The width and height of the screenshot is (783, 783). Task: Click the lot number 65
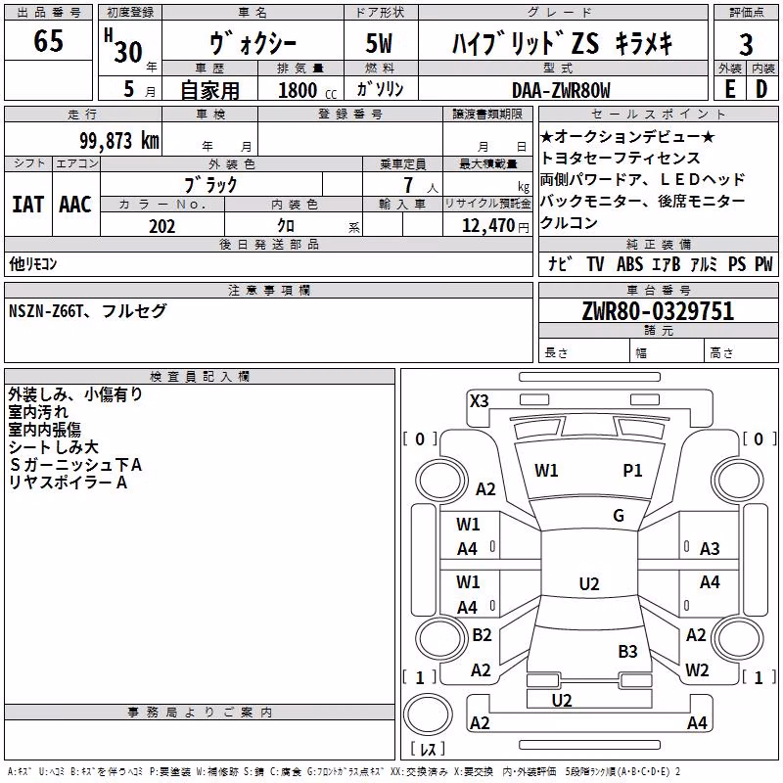point(48,40)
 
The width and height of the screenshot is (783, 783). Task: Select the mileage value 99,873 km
point(119,141)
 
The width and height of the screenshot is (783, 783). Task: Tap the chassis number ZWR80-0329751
point(658,311)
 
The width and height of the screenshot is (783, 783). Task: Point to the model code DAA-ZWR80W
point(561,90)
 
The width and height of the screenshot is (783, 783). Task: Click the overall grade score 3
point(746,44)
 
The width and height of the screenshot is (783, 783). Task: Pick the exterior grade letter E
point(730,89)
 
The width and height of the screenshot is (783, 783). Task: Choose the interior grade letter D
point(761,89)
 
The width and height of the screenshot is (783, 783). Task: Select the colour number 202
point(162,226)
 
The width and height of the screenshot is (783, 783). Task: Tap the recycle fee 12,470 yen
point(495,226)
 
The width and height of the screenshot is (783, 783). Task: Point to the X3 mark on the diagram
point(479,401)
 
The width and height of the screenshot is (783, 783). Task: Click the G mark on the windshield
point(619,516)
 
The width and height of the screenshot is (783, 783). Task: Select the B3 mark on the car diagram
point(627,651)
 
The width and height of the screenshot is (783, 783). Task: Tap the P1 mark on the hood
point(632,471)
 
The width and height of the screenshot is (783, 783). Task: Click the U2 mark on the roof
point(589,583)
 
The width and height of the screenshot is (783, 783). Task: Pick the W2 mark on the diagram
point(697,669)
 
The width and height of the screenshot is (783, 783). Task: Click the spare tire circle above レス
point(428,714)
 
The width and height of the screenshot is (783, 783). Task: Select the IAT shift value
point(27,205)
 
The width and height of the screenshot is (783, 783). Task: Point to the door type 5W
point(379,43)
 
